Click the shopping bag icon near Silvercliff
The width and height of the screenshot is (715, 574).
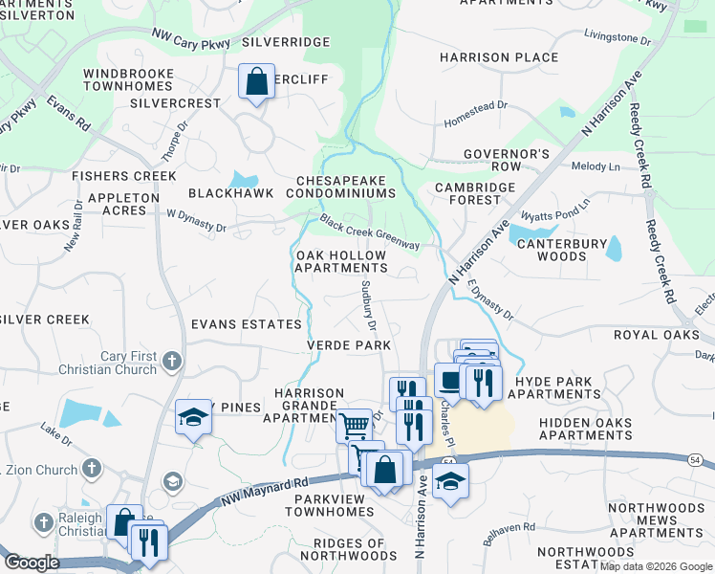257,82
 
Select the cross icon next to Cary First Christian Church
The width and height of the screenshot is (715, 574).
171,361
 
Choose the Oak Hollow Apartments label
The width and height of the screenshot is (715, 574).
341,262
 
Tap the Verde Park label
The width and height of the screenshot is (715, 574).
348,344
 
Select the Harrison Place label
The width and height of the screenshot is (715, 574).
499,57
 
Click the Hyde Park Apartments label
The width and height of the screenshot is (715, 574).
557,387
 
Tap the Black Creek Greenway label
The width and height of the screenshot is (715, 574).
370,232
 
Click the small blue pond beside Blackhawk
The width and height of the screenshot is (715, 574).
244,179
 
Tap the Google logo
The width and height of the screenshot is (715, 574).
31,563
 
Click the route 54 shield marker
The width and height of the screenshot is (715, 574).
447,462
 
